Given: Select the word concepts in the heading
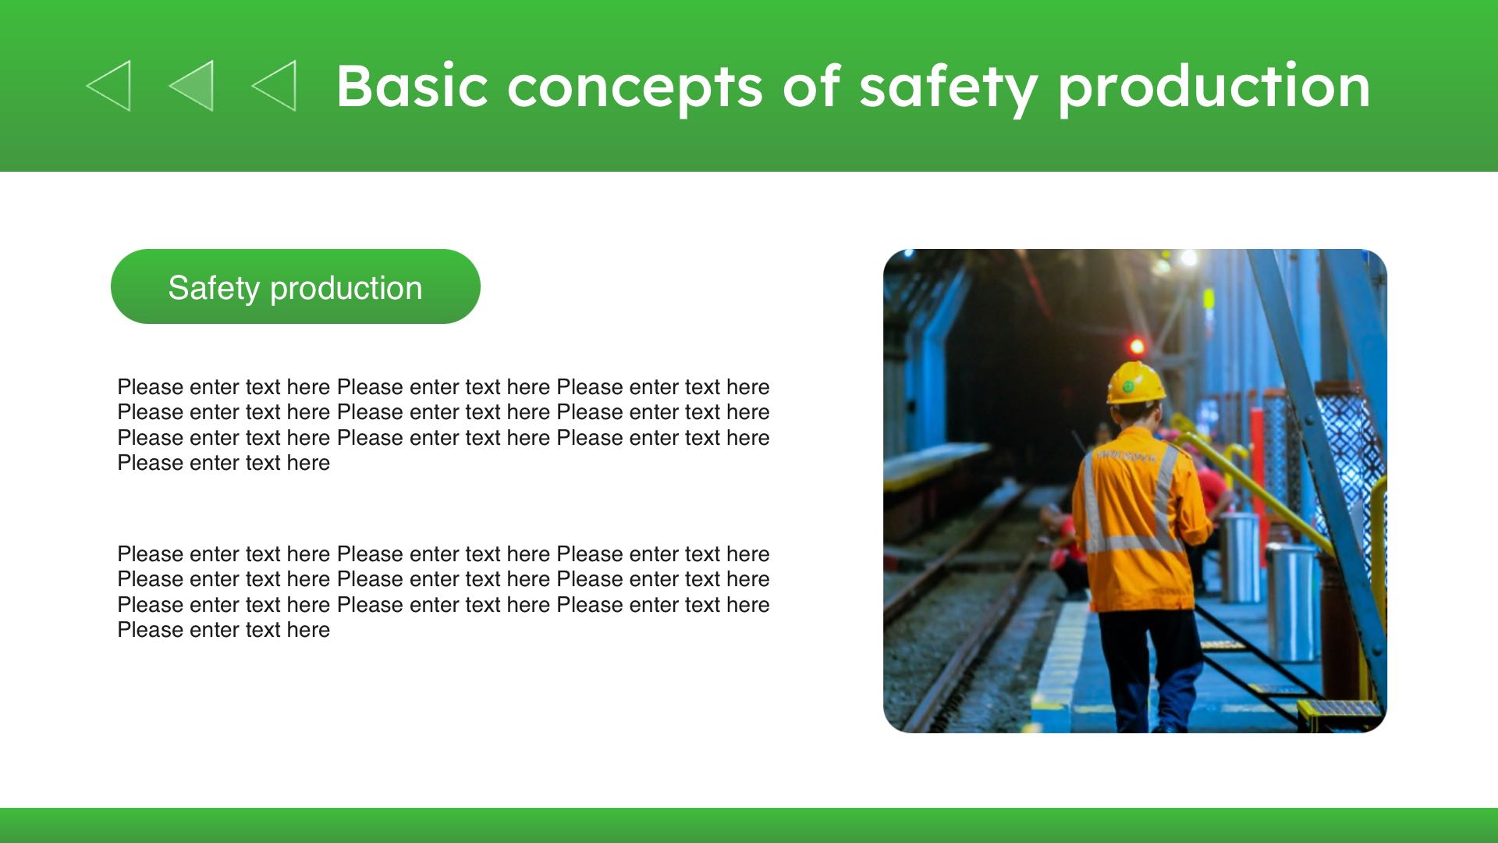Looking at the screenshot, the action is click(x=634, y=88).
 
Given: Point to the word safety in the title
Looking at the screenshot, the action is click(x=949, y=87).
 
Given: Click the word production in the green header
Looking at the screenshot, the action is click(x=1214, y=87).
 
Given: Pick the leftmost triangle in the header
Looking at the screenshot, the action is click(x=108, y=86).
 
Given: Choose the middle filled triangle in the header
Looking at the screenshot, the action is click(x=191, y=86).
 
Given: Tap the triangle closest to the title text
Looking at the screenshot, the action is click(x=274, y=86).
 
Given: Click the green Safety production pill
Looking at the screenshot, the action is click(x=296, y=286).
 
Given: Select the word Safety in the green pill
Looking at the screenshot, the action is click(x=214, y=289).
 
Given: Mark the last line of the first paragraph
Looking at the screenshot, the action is click(x=224, y=463).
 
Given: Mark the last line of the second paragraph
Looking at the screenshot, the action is click(x=224, y=630).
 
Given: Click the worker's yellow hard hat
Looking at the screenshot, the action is click(x=1136, y=382).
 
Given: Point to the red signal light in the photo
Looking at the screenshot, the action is click(x=1137, y=346).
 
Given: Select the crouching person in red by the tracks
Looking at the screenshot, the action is click(x=1063, y=546).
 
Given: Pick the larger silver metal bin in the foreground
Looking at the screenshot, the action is click(x=1291, y=601).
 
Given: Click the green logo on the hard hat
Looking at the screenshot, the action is click(x=1128, y=386).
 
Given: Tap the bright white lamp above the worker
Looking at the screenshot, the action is click(x=1187, y=258).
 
